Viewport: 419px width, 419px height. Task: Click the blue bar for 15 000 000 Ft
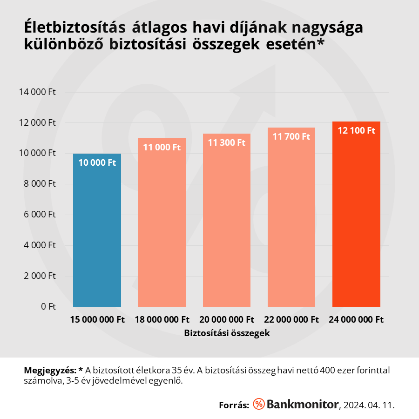point(97,233)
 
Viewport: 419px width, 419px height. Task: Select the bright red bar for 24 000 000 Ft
point(356,219)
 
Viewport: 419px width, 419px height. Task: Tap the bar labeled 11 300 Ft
point(227,223)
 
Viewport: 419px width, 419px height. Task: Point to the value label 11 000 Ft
point(162,147)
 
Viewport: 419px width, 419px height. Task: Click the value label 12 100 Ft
point(356,131)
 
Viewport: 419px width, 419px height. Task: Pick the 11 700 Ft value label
point(291,136)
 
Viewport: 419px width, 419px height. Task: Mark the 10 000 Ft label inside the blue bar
point(97,162)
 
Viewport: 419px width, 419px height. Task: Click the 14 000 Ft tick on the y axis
point(37,92)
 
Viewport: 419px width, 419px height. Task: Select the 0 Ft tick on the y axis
point(48,306)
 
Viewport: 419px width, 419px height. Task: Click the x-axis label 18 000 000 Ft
point(162,320)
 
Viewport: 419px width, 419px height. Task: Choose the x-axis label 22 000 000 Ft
point(291,320)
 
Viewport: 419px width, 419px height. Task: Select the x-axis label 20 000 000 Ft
point(227,320)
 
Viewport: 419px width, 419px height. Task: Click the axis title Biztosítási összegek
point(227,333)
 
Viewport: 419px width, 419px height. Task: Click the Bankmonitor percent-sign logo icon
point(259,404)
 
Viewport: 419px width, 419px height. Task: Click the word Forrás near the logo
point(234,405)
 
